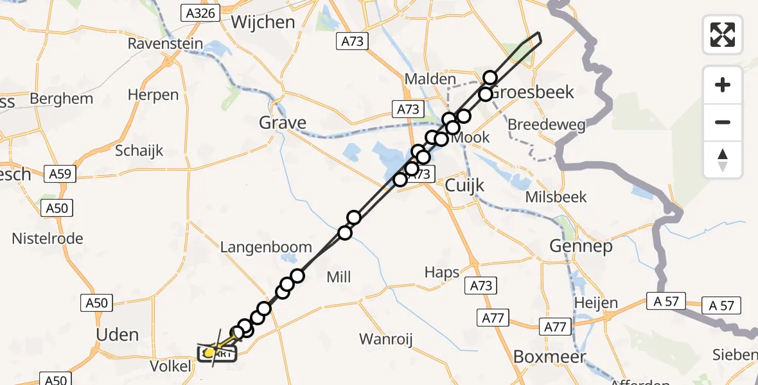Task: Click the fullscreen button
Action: tap(723, 35)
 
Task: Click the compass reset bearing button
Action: tap(723, 160)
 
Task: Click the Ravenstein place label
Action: tap(165, 44)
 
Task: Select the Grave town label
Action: tap(282, 122)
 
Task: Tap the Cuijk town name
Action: tap(464, 185)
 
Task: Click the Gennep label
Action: tap(581, 246)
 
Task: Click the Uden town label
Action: tap(117, 334)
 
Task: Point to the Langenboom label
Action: tap(266, 247)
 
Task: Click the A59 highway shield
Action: tap(61, 173)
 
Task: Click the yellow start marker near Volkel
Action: tap(209, 352)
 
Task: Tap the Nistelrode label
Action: tap(48, 239)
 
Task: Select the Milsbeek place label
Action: tap(556, 196)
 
